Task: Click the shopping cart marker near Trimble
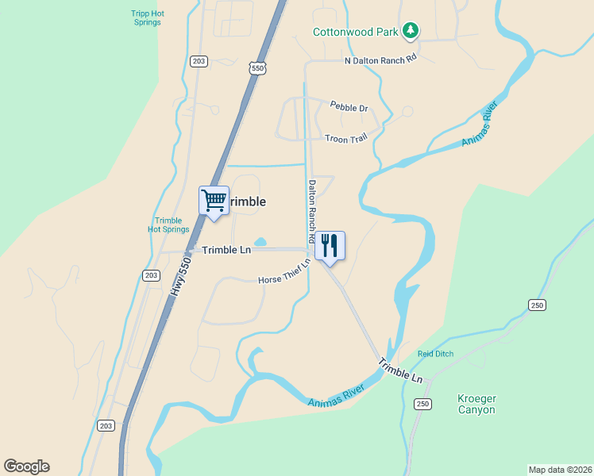click(x=214, y=201)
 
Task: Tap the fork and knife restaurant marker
click(x=330, y=245)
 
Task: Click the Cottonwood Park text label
click(x=355, y=33)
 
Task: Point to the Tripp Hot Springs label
click(x=147, y=17)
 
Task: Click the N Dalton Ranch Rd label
click(x=380, y=60)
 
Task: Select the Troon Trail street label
click(x=346, y=139)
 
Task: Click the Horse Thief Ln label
click(x=283, y=278)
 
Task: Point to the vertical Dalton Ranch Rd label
click(x=312, y=210)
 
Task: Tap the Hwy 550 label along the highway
click(x=180, y=276)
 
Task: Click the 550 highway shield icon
click(x=256, y=68)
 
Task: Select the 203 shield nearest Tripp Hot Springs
click(x=199, y=61)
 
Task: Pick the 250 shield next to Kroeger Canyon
click(x=422, y=405)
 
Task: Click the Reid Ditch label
click(x=435, y=354)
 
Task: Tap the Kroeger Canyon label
click(x=476, y=404)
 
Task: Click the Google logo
click(x=26, y=466)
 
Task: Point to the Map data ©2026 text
click(x=559, y=469)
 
